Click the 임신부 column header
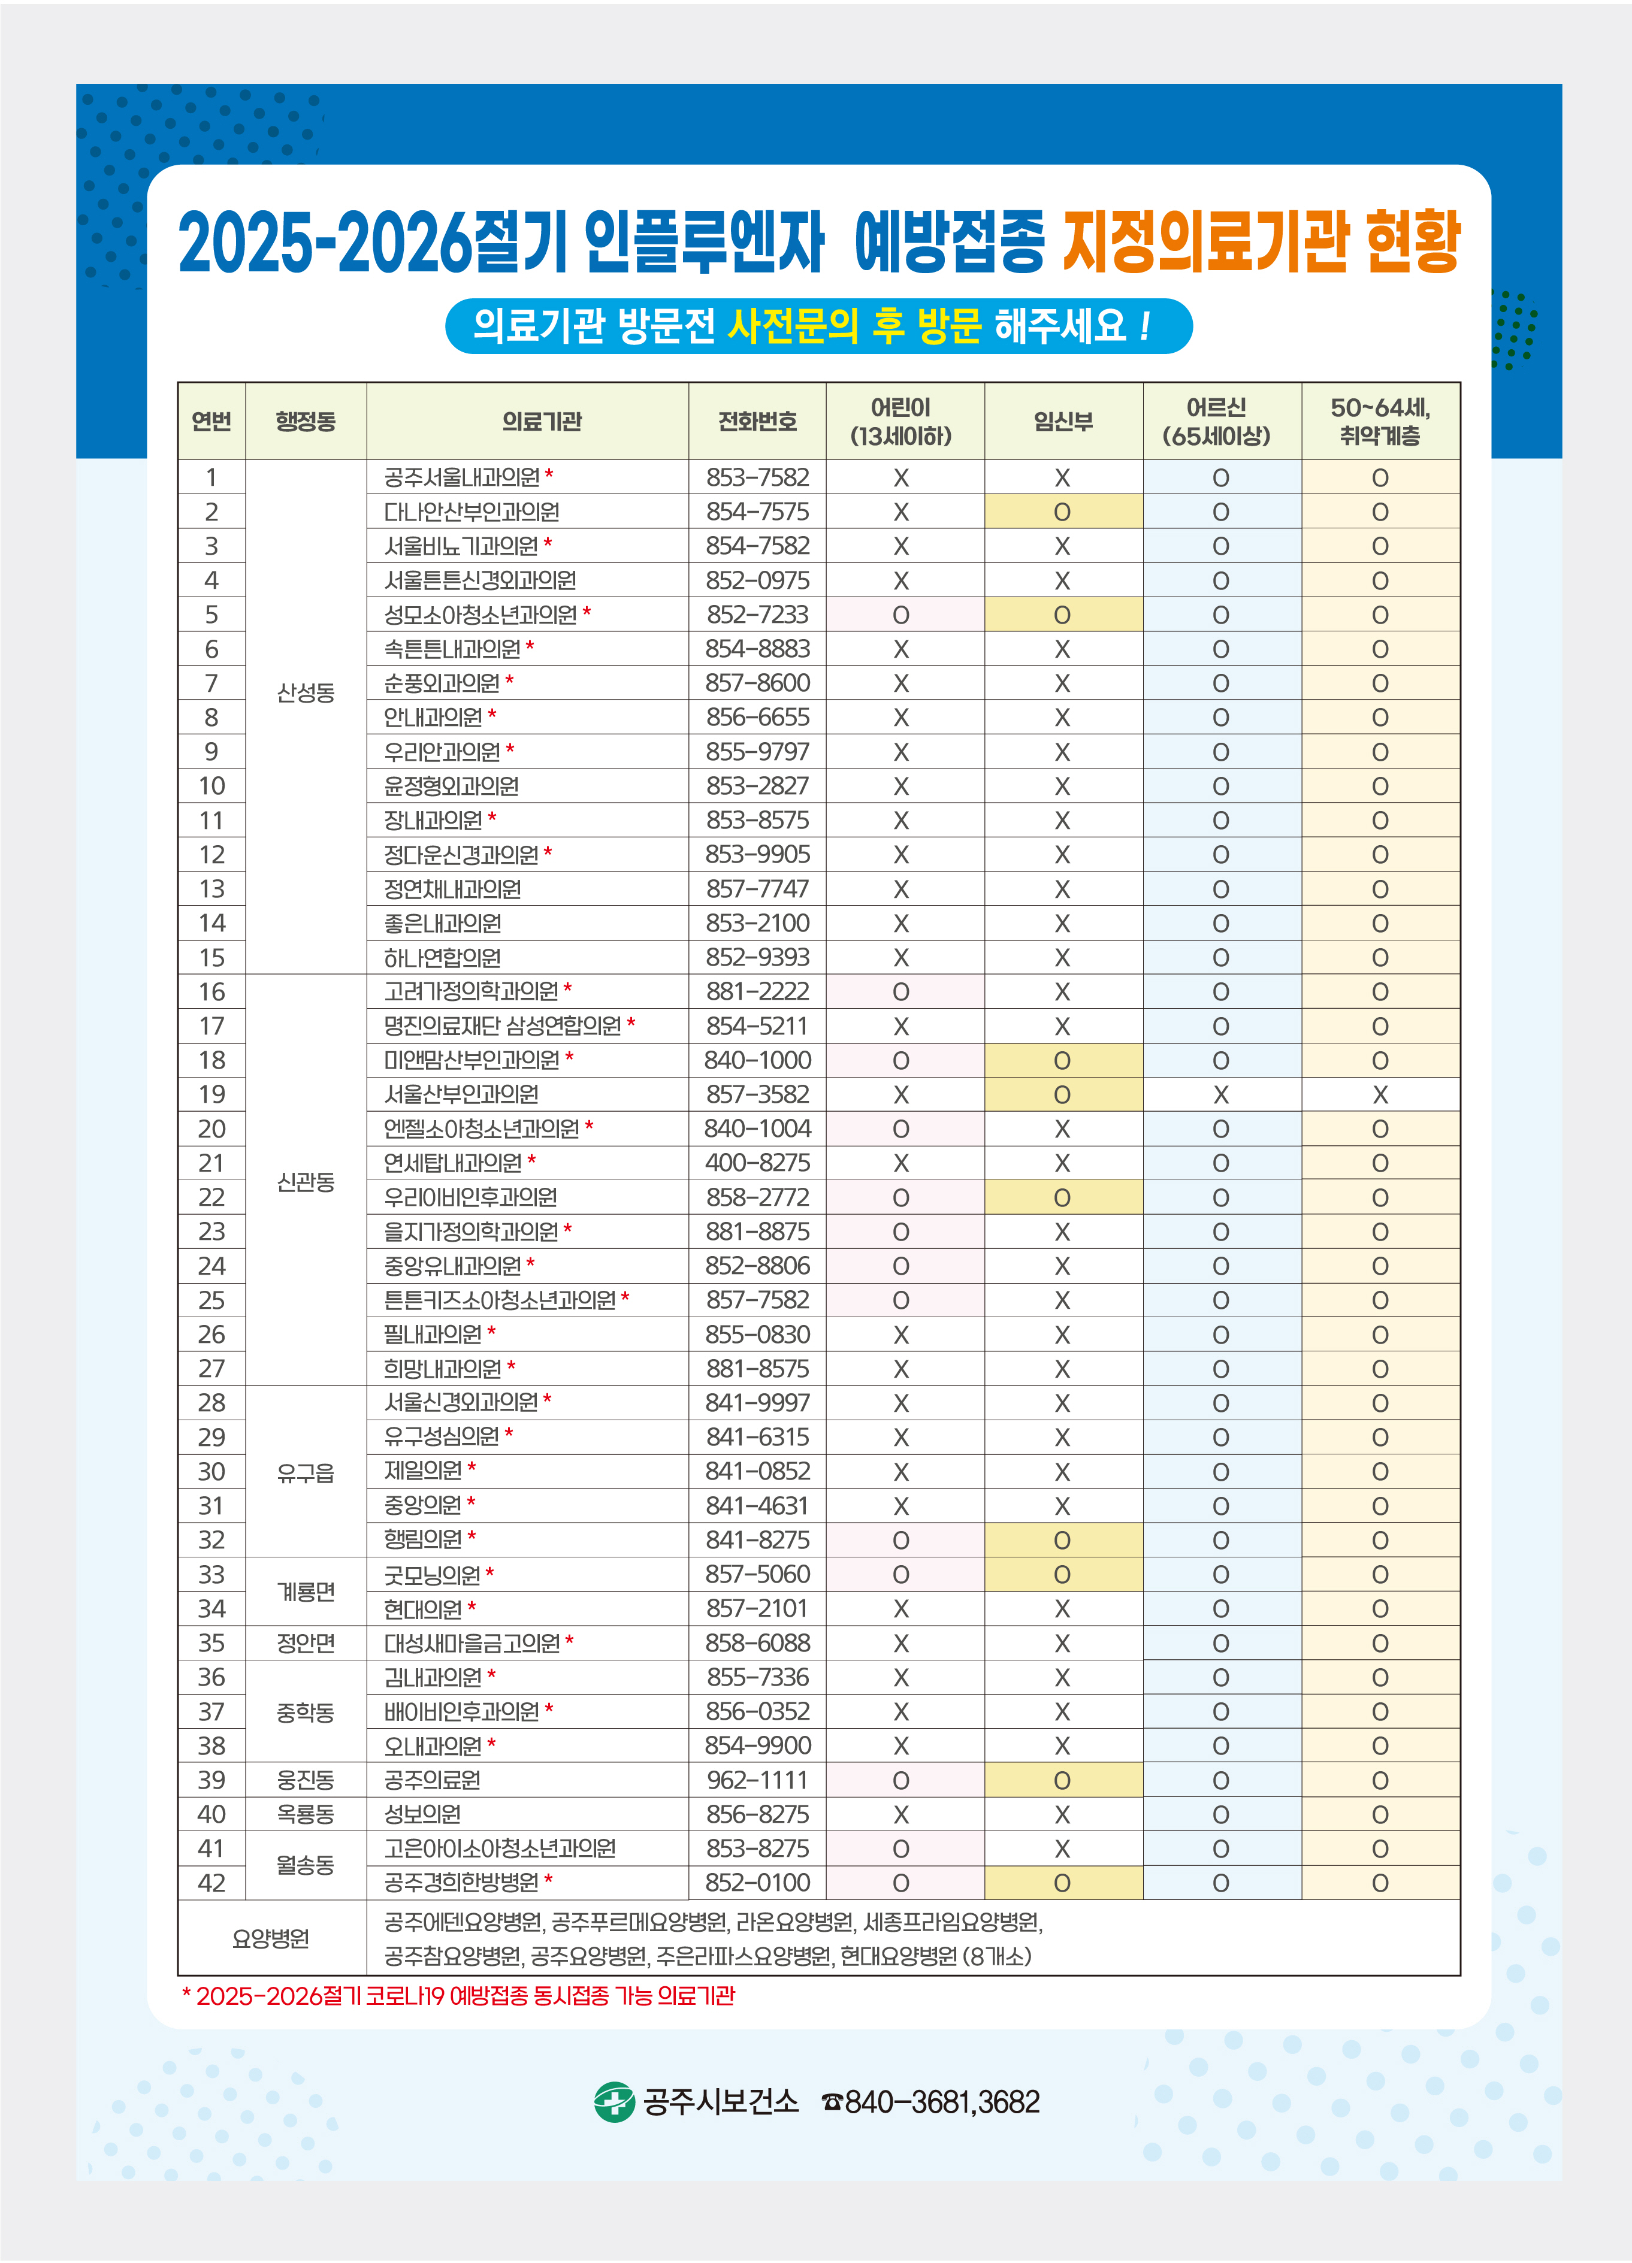[1063, 421]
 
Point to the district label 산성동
[306, 692]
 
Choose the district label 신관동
[306, 1181]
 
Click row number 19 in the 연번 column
[211, 1094]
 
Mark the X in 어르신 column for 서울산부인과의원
[1221, 1094]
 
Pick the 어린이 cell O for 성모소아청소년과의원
[900, 615]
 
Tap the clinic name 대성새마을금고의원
[471, 1644]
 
